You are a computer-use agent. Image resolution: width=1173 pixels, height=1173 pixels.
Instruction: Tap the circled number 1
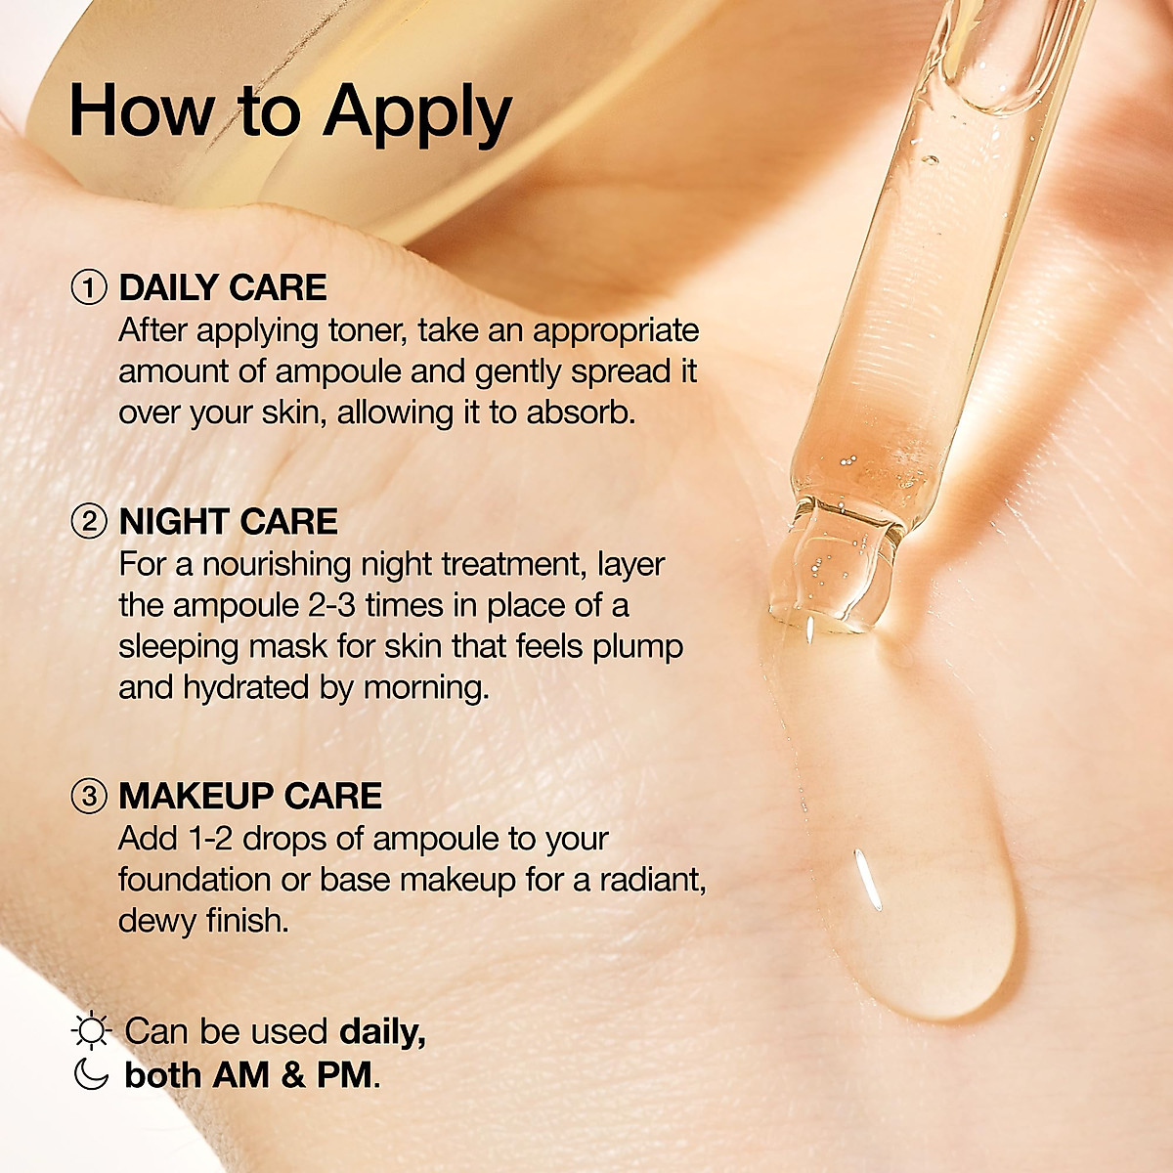[89, 288]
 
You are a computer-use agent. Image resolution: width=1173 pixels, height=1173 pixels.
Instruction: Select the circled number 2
[89, 522]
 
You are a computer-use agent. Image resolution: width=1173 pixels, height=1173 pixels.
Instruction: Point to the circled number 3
[89, 797]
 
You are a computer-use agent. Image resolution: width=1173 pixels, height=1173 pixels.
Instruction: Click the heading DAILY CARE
[223, 288]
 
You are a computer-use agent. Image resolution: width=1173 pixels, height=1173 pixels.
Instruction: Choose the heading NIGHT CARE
[228, 522]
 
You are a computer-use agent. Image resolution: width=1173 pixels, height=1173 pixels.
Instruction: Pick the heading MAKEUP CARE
[250, 797]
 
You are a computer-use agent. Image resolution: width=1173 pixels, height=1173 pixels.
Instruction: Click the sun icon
[92, 1032]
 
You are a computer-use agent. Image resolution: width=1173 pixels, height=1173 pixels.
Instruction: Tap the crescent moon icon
[91, 1074]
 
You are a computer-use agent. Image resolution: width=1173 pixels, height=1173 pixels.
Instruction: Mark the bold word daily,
[382, 1032]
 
